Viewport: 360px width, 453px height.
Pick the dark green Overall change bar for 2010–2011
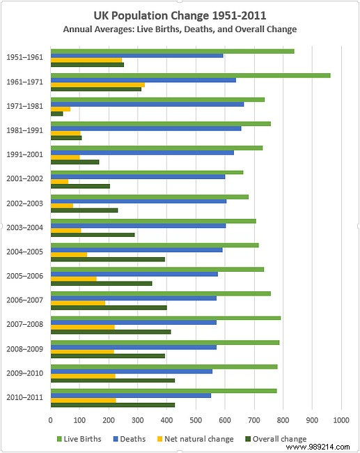(x=112, y=405)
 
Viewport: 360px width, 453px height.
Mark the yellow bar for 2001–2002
(x=59, y=182)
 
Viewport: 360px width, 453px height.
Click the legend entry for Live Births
(x=79, y=439)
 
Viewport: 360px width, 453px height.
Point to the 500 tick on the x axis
(x=196, y=420)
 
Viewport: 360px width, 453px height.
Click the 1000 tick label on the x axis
(x=341, y=420)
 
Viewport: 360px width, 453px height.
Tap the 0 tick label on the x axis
(x=51, y=420)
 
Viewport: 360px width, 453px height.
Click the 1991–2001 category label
(x=24, y=154)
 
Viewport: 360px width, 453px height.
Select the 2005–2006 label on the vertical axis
(x=24, y=276)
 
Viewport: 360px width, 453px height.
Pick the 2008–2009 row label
(x=24, y=348)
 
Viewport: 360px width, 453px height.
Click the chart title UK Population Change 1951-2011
(x=180, y=15)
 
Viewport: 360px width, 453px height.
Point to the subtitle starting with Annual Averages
(x=180, y=29)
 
